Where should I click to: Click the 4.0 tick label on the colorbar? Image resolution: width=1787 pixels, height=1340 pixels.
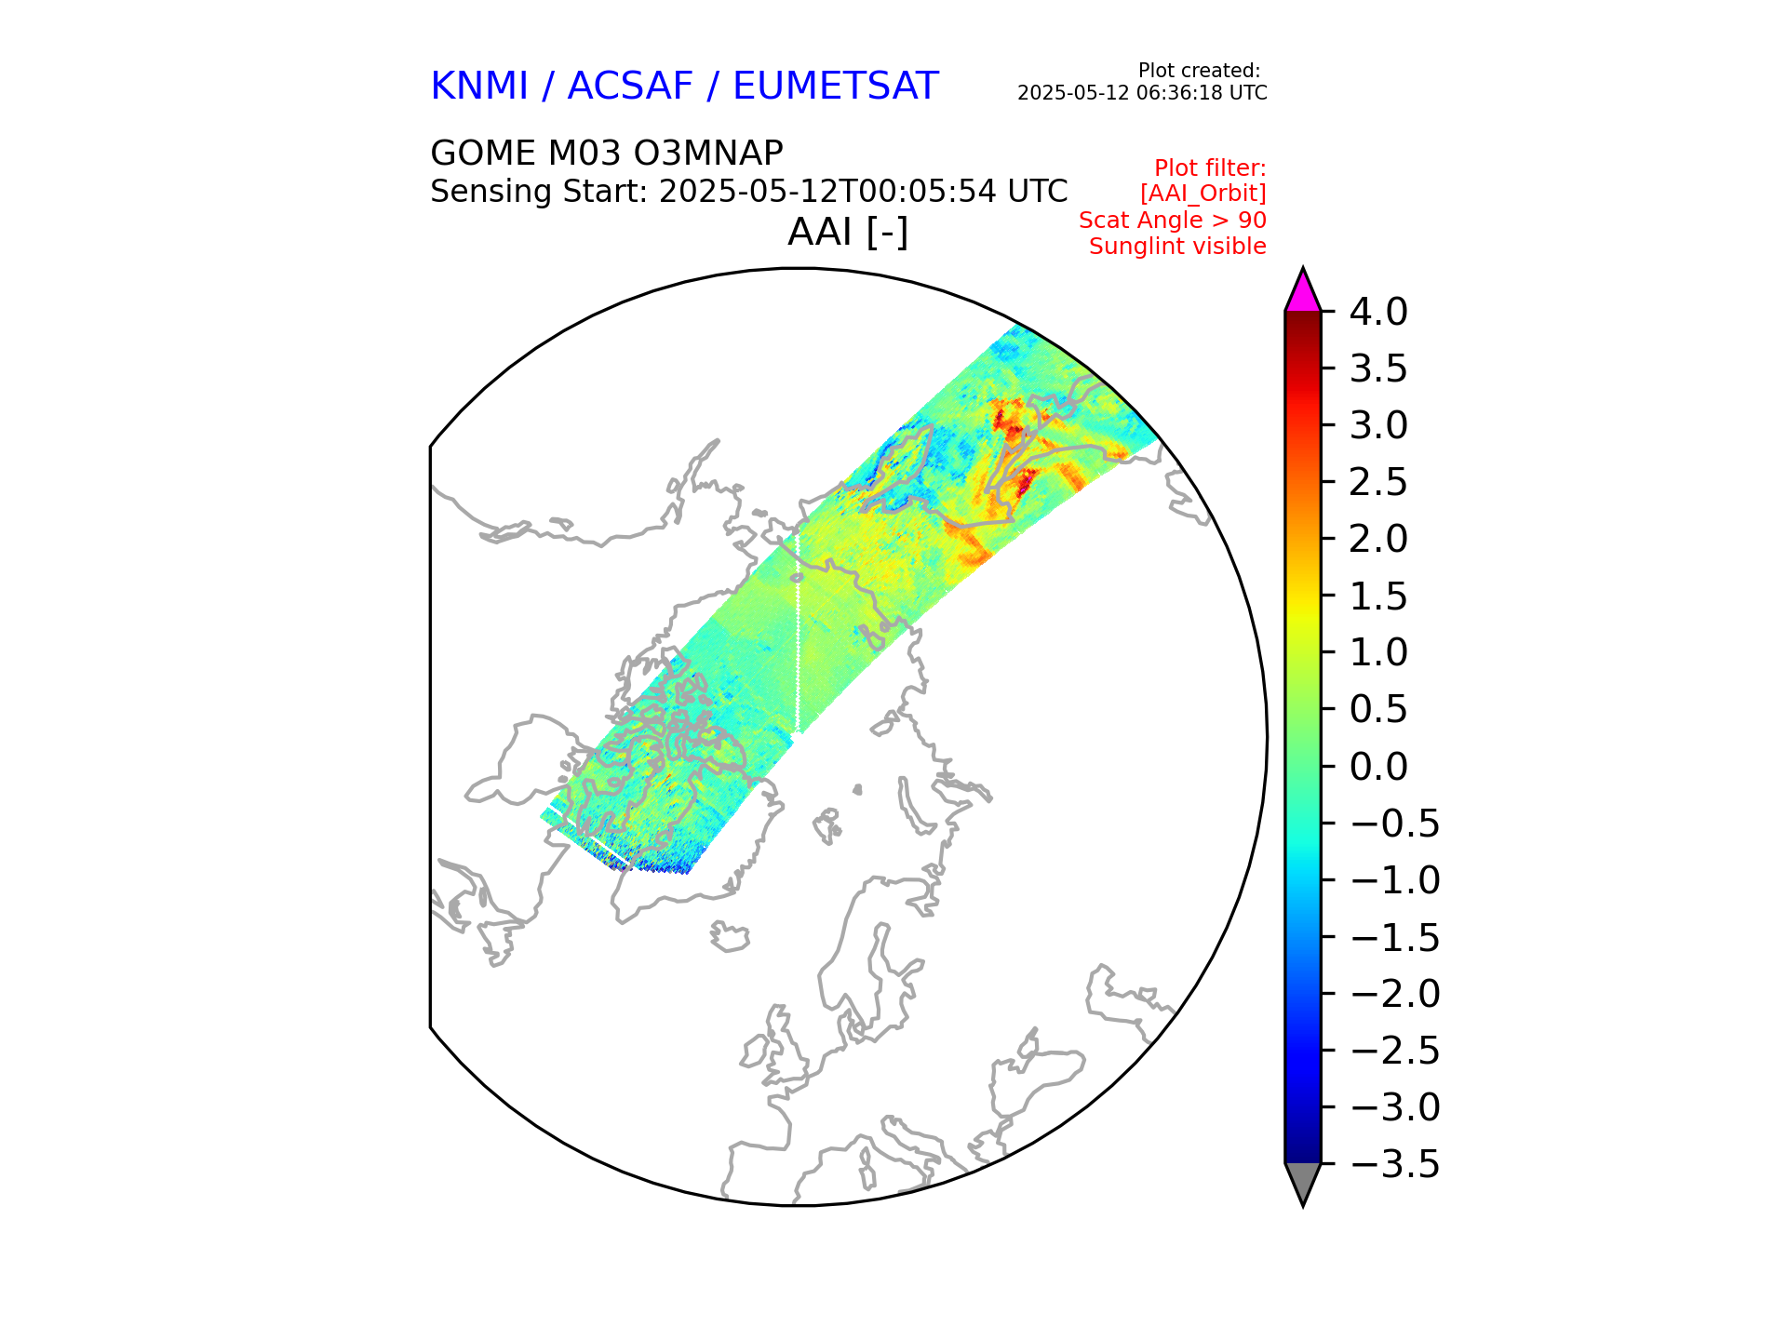click(1378, 313)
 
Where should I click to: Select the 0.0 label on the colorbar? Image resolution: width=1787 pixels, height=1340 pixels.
click(1378, 768)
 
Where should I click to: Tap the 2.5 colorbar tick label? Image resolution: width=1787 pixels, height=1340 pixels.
click(1378, 483)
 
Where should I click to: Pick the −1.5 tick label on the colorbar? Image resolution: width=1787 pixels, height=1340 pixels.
click(1394, 938)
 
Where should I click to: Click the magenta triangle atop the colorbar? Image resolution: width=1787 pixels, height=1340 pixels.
click(1302, 292)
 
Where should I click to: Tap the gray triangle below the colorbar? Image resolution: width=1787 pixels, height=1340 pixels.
click(1302, 1182)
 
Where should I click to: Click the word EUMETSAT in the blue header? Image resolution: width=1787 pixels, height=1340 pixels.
click(835, 87)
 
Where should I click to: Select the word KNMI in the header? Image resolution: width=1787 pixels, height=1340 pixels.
click(479, 87)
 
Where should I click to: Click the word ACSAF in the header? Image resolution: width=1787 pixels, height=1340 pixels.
click(630, 87)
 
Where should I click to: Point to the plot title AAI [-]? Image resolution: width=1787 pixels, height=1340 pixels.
click(848, 232)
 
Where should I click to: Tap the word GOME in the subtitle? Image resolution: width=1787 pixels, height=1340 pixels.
click(483, 153)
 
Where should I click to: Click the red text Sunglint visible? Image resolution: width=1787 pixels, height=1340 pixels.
click(1177, 247)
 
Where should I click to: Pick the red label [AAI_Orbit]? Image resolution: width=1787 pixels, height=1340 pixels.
click(1203, 194)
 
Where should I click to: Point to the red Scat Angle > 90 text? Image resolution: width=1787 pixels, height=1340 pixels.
click(1173, 221)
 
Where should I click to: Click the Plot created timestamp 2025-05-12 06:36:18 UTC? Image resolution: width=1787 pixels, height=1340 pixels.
click(1142, 93)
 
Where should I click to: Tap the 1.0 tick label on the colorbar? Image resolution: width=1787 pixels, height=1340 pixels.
click(1378, 653)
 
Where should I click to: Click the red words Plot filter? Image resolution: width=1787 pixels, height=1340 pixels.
click(1210, 168)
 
